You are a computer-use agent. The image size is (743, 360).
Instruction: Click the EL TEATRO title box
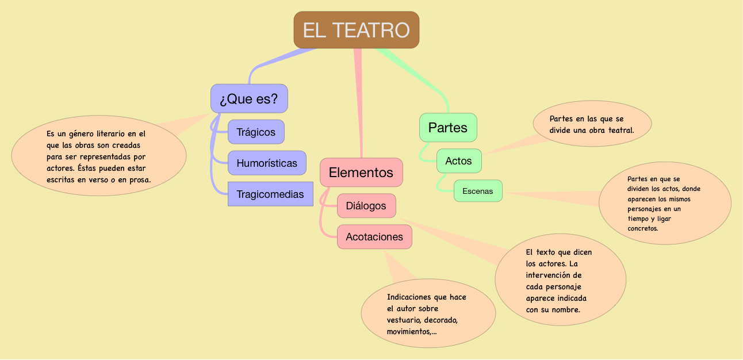(357, 30)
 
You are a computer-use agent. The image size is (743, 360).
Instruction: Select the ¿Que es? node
(249, 98)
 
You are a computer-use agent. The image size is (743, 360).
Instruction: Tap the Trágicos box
(256, 132)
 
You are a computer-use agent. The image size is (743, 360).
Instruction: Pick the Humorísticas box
(267, 163)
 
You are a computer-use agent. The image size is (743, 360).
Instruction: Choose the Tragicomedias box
(270, 194)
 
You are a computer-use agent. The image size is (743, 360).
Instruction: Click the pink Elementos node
(361, 172)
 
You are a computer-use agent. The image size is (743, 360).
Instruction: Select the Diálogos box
(366, 206)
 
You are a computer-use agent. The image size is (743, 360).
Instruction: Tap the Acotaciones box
(374, 237)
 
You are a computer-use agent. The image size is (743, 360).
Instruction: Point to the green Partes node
(448, 128)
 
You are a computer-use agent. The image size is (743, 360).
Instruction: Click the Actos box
(458, 161)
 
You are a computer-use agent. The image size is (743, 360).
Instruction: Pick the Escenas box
(478, 191)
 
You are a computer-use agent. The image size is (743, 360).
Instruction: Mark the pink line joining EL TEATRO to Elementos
(359, 104)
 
